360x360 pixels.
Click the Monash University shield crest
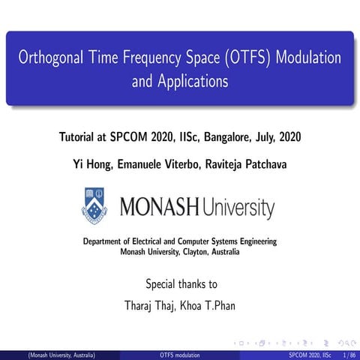tap(94, 206)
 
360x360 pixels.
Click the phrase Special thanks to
tap(181, 284)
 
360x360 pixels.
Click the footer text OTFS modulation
tap(180, 354)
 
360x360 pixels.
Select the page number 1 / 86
tap(349, 354)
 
